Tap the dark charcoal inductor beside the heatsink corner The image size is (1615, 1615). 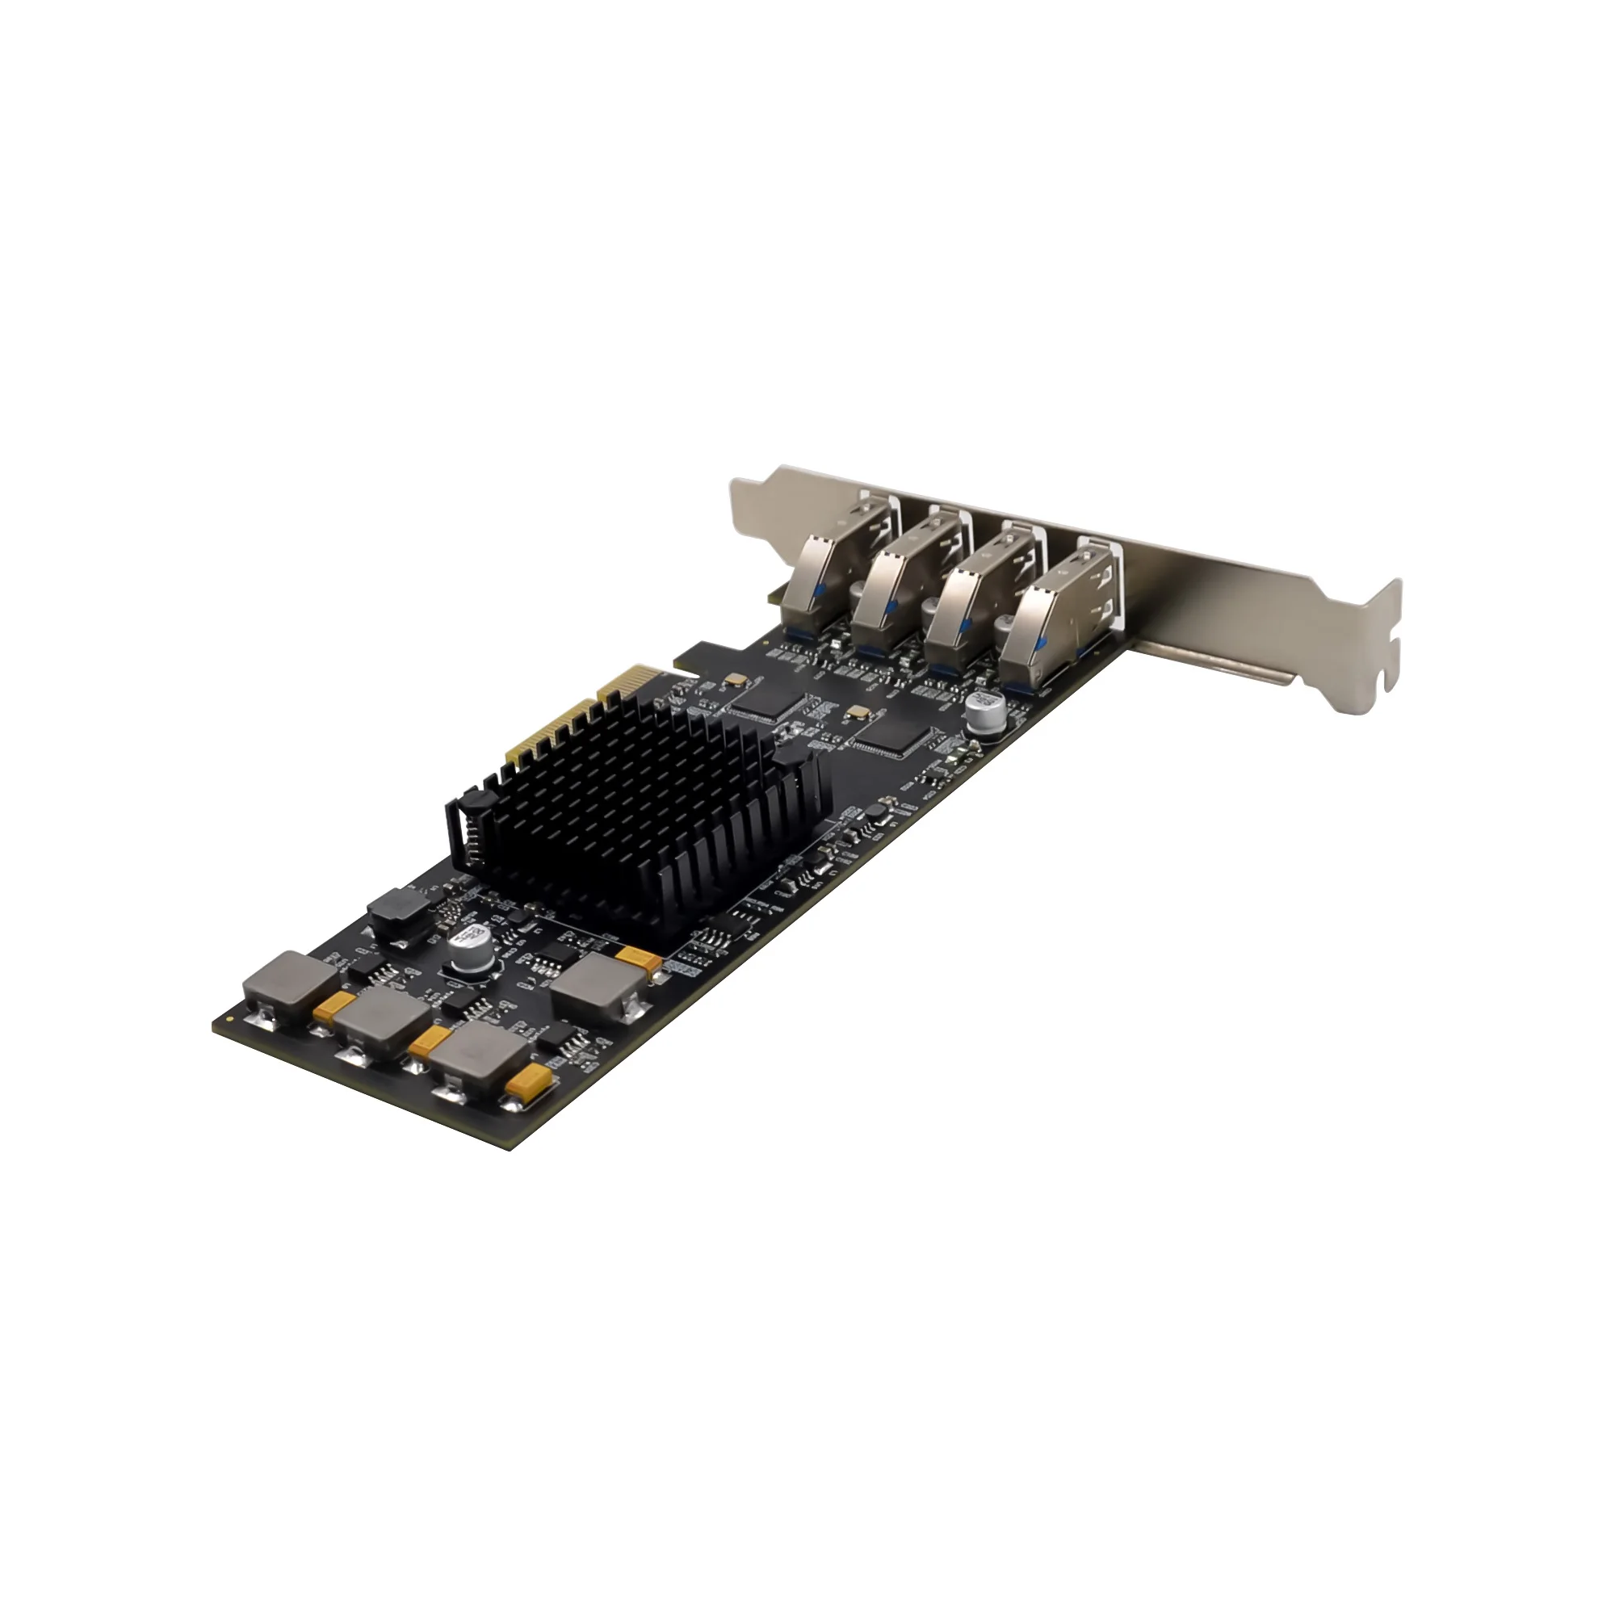398,912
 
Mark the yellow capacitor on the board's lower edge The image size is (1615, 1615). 528,1082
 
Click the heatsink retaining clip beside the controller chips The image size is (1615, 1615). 794,757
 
